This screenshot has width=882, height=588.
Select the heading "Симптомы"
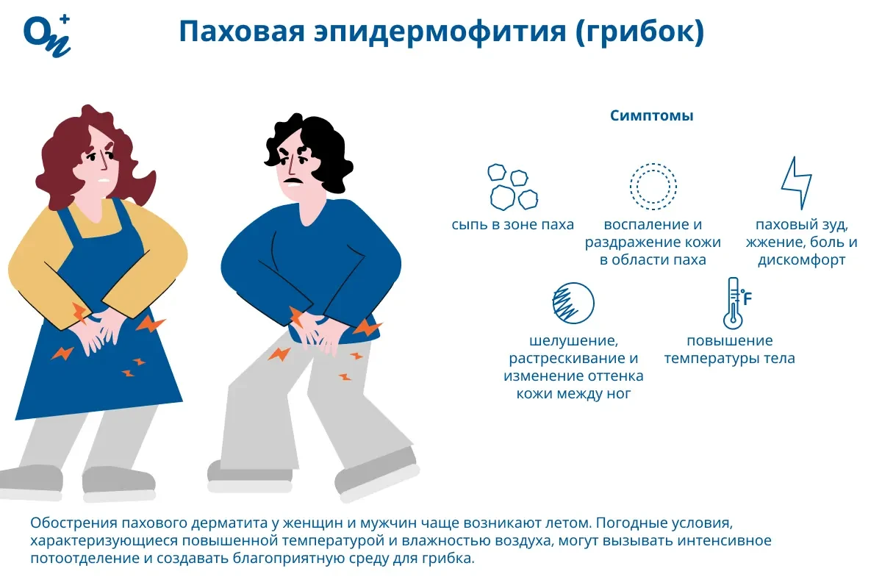[652, 116]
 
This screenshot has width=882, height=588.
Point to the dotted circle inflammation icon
[653, 187]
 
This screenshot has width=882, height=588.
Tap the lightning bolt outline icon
[796, 184]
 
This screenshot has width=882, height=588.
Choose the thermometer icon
[732, 303]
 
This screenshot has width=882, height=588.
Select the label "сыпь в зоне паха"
[513, 225]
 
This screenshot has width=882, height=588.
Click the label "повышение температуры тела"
[729, 350]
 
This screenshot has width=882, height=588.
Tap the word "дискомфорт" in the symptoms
[801, 260]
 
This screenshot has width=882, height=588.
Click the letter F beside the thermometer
[747, 298]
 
